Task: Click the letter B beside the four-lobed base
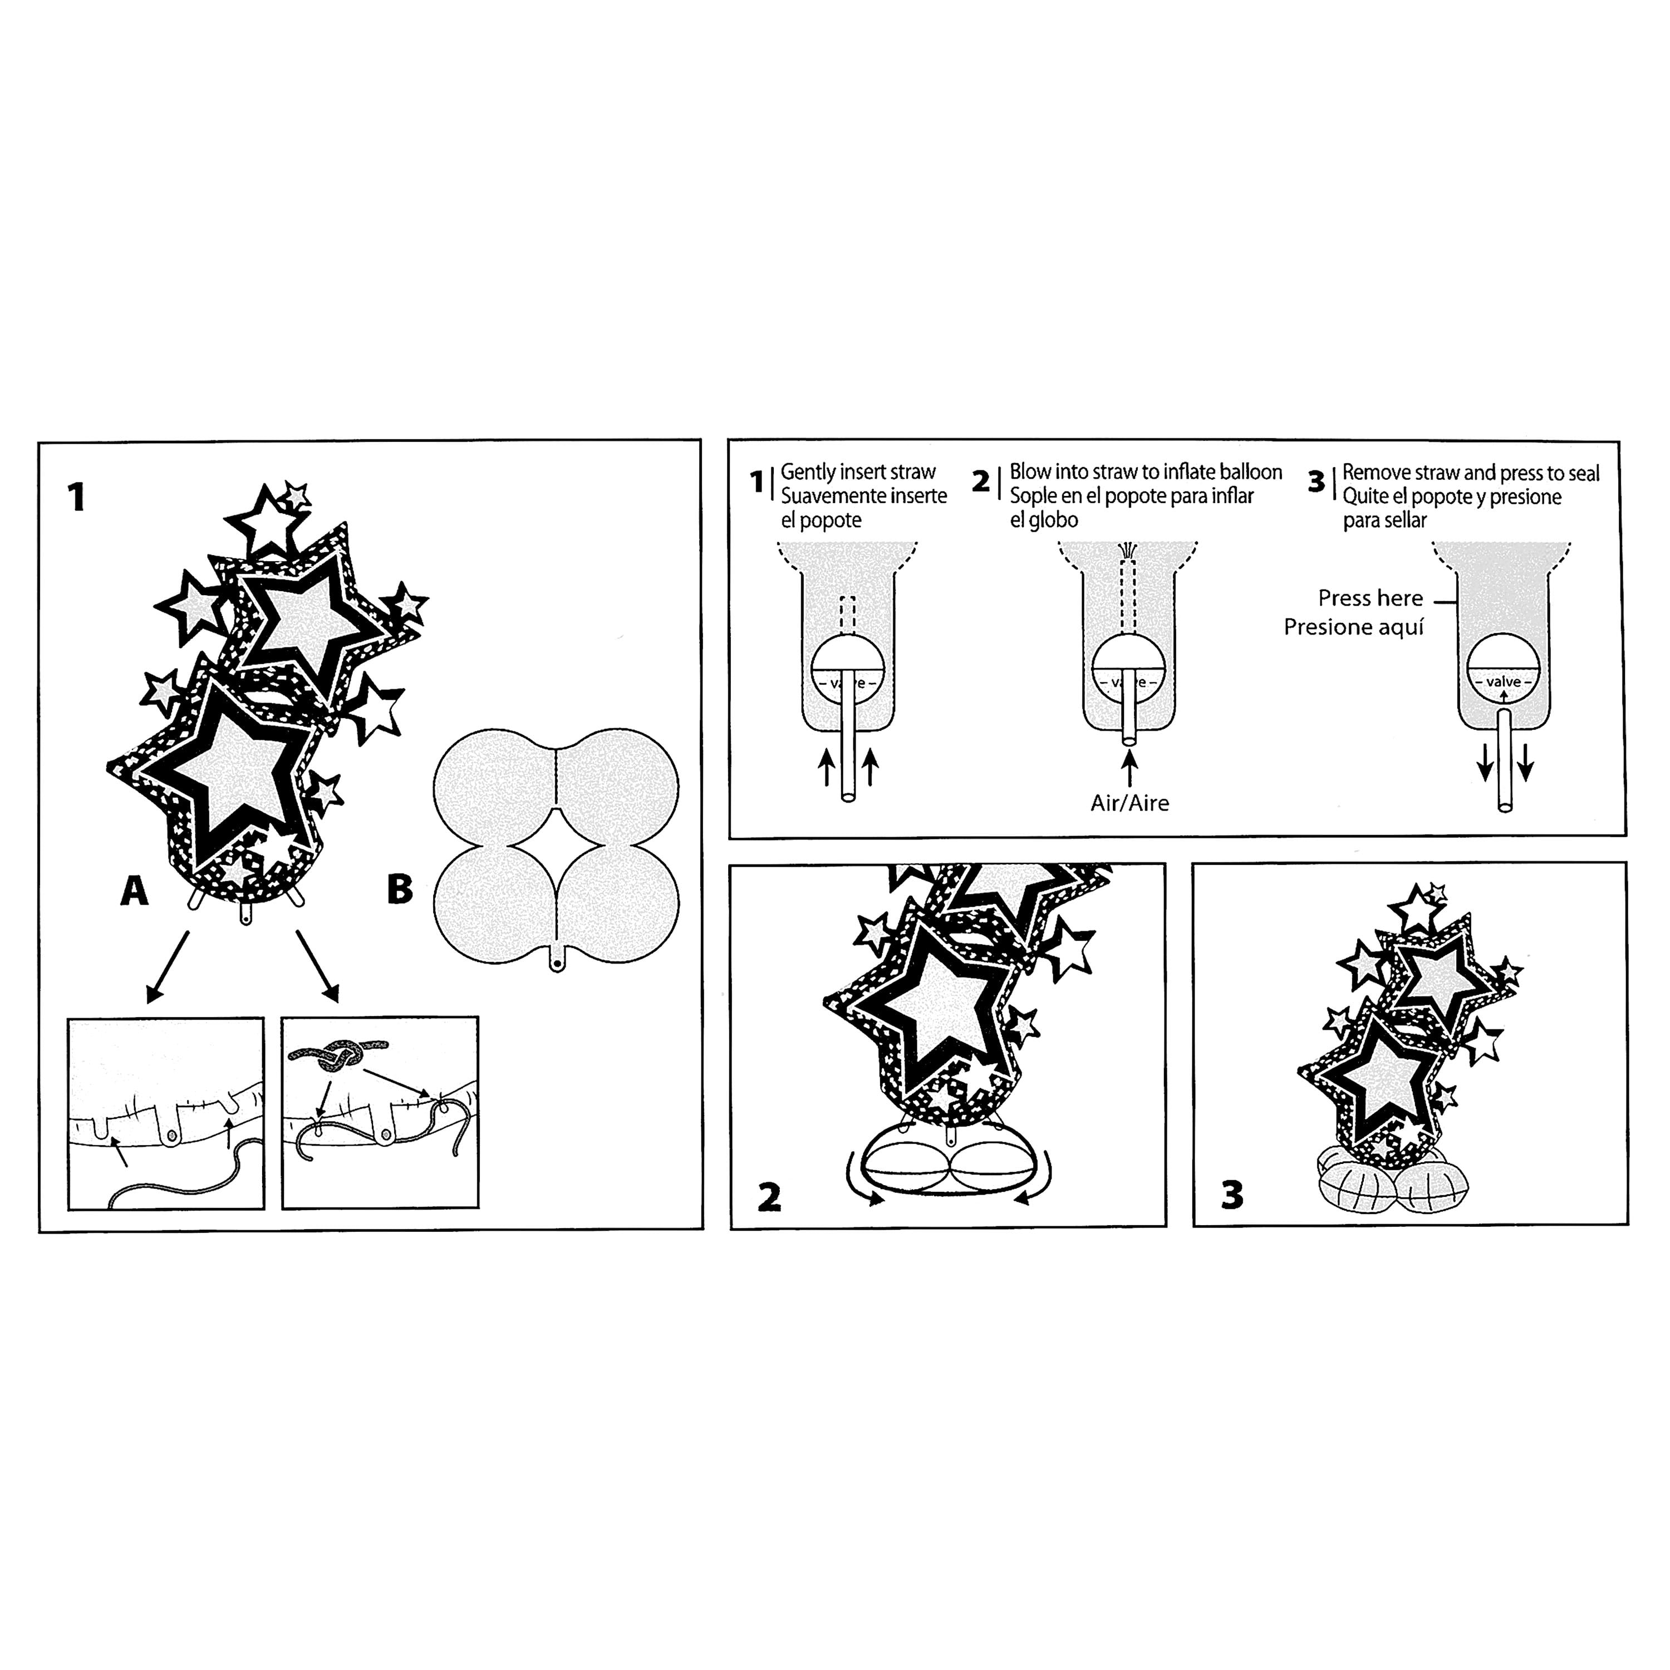coord(399,890)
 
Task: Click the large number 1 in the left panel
coord(77,497)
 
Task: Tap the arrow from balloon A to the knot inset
coord(317,965)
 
